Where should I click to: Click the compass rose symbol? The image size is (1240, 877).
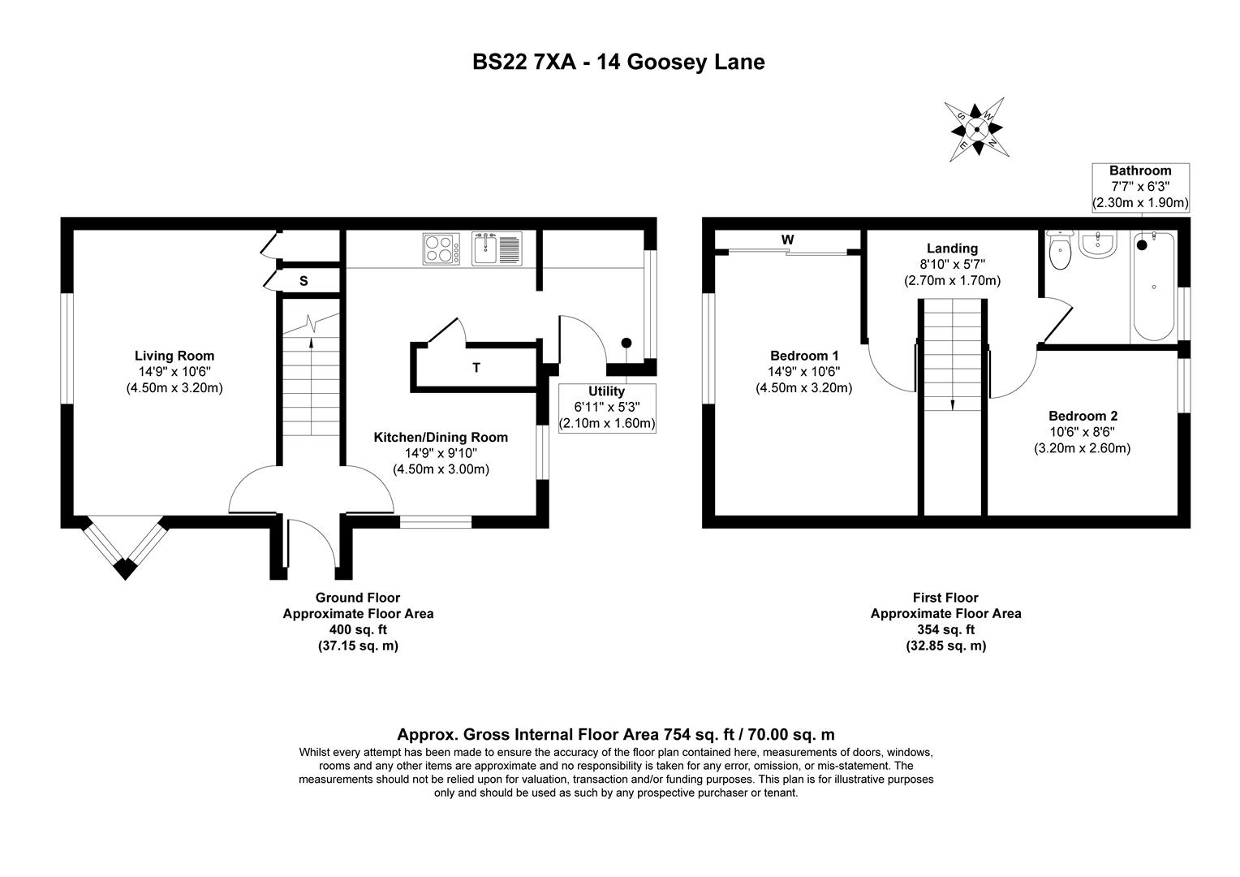977,128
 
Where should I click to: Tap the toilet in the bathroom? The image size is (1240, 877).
1060,251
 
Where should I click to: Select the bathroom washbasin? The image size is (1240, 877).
1098,244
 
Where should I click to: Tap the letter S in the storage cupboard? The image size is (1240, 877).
304,281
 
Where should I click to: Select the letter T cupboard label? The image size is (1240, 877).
476,368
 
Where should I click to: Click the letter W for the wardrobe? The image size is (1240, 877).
787,240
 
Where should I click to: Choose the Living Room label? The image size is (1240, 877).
174,356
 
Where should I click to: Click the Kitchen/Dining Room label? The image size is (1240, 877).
441,438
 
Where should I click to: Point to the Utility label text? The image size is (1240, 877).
606,391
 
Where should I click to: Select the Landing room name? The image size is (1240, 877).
953,248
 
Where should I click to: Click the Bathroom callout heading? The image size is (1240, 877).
1140,171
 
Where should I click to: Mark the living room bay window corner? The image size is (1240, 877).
124,568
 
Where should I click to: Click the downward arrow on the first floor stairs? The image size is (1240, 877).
953,404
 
